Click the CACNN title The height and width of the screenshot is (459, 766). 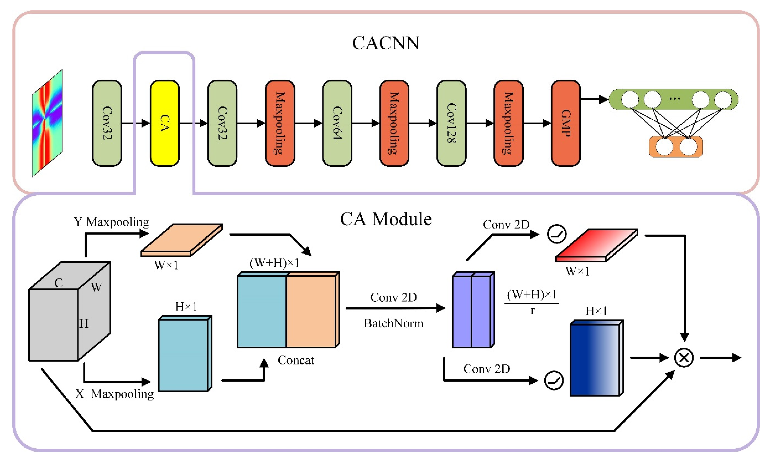point(386,43)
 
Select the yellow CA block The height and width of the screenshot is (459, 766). point(165,123)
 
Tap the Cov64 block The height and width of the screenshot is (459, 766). point(337,123)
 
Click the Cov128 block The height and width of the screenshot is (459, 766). point(451,123)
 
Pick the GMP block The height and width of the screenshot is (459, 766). point(566,123)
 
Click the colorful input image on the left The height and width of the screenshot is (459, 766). point(47,123)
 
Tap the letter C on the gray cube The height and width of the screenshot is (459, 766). point(58,282)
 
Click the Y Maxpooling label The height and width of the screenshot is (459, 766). point(111,222)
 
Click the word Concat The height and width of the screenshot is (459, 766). point(296,360)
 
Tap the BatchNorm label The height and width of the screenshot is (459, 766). point(393,323)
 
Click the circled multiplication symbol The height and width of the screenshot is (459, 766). point(684,358)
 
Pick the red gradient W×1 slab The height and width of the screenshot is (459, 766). point(596,245)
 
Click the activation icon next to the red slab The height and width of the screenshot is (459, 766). point(557,234)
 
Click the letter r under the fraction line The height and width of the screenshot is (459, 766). point(532,310)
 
